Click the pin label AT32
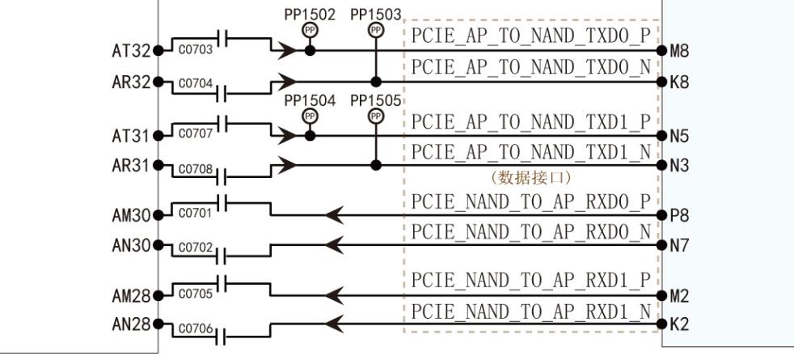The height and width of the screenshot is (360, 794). tap(130, 51)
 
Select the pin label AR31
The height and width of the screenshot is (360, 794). tap(130, 166)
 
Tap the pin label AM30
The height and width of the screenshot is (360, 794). tap(130, 216)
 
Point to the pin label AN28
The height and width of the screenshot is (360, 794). tap(130, 325)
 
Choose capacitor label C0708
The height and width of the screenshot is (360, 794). tap(195, 169)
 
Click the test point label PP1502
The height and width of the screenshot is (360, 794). tap(310, 15)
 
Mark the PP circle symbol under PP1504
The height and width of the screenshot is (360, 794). tap(310, 116)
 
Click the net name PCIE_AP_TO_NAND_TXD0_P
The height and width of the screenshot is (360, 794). tap(531, 36)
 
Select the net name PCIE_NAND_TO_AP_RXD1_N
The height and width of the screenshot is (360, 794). tap(531, 311)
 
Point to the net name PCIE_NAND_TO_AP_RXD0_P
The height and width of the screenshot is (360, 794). tap(531, 201)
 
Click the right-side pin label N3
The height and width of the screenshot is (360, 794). tap(679, 166)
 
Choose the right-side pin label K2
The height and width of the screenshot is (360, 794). tap(679, 325)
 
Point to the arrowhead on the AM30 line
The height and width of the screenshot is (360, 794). tap(335, 215)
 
